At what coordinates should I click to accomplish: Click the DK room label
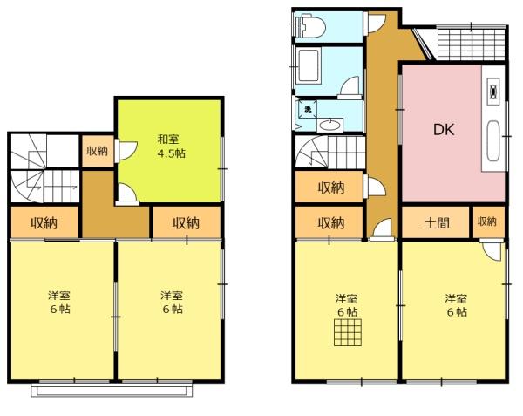pos(444,131)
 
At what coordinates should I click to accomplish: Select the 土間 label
pos(437,222)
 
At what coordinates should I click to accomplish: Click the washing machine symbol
pos(307,110)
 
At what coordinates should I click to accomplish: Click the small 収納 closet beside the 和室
pos(97,151)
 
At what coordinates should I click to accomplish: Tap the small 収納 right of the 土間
pos(486,222)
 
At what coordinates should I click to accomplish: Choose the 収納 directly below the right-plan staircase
pos(330,187)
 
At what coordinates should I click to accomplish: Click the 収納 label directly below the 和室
pos(186,223)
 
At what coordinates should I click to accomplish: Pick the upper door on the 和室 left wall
pos(125,150)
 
